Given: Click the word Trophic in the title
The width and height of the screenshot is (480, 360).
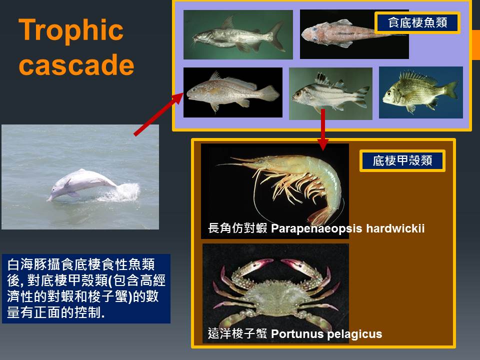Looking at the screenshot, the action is tap(71, 30).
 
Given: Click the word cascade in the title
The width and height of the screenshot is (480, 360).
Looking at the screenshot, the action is tap(76, 64).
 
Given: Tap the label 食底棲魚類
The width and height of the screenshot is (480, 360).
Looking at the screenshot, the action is tap(417, 22).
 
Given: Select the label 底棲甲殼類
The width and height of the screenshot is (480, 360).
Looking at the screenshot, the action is tap(402, 160).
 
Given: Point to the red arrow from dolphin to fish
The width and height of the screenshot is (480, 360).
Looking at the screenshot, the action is tap(158, 114).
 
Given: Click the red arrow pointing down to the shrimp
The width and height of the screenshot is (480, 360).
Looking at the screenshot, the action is tap(322, 129).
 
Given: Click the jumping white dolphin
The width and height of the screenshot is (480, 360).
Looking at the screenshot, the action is tap(81, 184).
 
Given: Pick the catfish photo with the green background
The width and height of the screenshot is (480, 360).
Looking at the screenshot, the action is tap(238, 34).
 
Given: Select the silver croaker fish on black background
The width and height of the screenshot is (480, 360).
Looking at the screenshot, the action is tap(233, 92).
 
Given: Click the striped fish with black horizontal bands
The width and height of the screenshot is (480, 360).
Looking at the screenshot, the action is tap(330, 93).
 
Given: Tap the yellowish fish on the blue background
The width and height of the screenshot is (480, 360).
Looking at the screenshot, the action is tap(421, 92).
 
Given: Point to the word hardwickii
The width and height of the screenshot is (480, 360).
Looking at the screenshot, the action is tap(395, 228).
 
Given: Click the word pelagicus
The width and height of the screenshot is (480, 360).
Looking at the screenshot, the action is tap(354, 334).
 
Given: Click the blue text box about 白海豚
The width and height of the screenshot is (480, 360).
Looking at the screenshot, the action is tap(86, 288).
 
